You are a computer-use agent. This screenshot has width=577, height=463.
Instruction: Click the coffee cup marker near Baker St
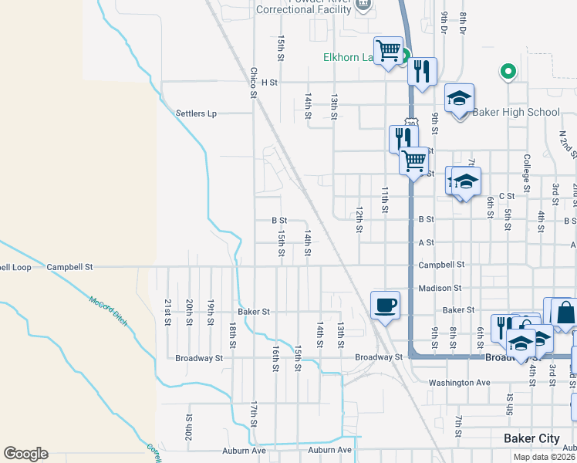click(386, 304)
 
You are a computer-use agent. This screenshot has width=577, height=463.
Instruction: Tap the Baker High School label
click(515, 113)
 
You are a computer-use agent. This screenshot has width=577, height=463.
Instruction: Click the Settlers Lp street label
click(196, 113)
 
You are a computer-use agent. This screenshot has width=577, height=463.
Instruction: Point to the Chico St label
click(252, 83)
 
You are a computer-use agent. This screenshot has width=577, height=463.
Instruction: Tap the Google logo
click(25, 454)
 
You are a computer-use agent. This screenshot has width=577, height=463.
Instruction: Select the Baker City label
click(531, 438)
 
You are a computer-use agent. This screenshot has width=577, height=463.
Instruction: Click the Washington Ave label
click(459, 383)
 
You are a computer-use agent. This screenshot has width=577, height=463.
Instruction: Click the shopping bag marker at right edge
click(565, 313)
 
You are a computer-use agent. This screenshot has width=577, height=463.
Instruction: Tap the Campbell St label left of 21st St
click(69, 267)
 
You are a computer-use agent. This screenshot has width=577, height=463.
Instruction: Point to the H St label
click(268, 82)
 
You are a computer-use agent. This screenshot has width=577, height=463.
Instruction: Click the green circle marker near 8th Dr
click(508, 73)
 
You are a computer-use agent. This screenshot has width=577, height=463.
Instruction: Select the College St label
click(526, 174)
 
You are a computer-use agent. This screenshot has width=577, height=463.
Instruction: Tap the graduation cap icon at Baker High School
click(459, 98)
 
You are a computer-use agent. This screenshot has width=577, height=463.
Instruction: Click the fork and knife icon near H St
click(422, 71)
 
